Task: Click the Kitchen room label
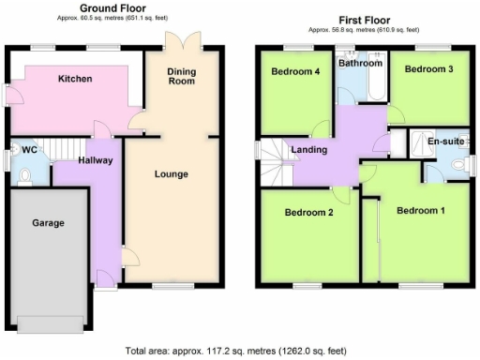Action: (74, 79)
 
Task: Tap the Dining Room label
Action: (181, 76)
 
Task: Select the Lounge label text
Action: (172, 173)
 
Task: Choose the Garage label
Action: (48, 223)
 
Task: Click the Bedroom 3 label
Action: (428, 69)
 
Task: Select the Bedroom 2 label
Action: (309, 212)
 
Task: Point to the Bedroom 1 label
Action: (420, 210)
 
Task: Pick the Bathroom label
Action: (361, 64)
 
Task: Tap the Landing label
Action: (309, 149)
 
